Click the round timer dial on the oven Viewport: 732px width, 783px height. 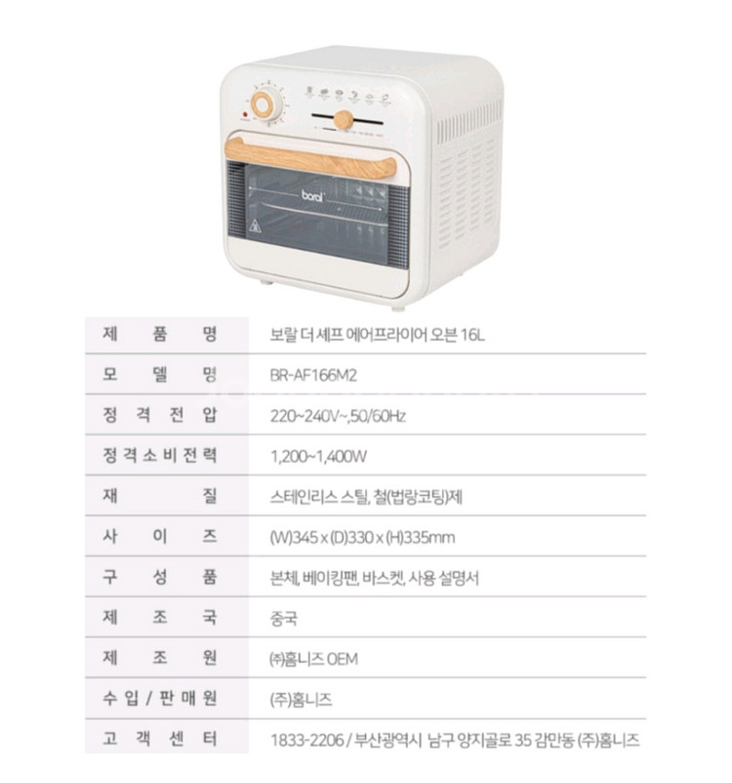coord(263,104)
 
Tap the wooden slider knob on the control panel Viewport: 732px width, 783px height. coord(344,120)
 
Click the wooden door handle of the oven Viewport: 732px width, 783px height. coord(310,158)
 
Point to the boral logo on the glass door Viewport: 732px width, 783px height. coord(312,195)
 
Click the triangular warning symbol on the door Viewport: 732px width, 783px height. coord(255,226)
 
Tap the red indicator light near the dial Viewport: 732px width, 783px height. coord(246,114)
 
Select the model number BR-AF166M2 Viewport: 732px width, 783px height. coord(313,375)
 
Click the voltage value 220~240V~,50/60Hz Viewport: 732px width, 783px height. coord(338,416)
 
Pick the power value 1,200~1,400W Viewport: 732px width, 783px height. coord(318,456)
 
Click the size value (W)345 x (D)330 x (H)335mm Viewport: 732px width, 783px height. coord(362,538)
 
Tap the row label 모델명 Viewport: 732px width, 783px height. coord(160,375)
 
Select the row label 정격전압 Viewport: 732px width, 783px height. coord(160,415)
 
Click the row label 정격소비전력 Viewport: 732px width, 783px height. coord(160,455)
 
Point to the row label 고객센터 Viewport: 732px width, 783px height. coord(160,738)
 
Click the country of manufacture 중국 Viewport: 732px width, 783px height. coord(284,619)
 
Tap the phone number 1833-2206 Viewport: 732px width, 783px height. coord(307,740)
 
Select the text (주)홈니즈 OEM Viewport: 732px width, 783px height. coord(313,659)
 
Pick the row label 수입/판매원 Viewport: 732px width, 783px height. coord(160,698)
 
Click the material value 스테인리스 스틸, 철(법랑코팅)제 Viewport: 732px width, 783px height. coord(366,497)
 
